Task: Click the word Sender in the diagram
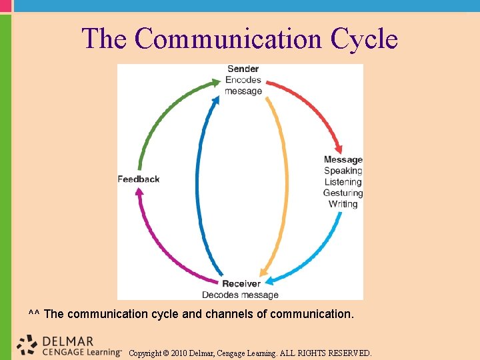(243, 69)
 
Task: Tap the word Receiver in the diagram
(241, 284)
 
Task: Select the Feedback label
(139, 179)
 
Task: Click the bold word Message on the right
(343, 159)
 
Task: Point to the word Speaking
(343, 171)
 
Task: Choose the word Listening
(343, 182)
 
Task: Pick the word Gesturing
(343, 193)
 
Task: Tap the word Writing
(343, 204)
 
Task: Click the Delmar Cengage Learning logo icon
(27, 344)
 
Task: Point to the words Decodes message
(240, 295)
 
